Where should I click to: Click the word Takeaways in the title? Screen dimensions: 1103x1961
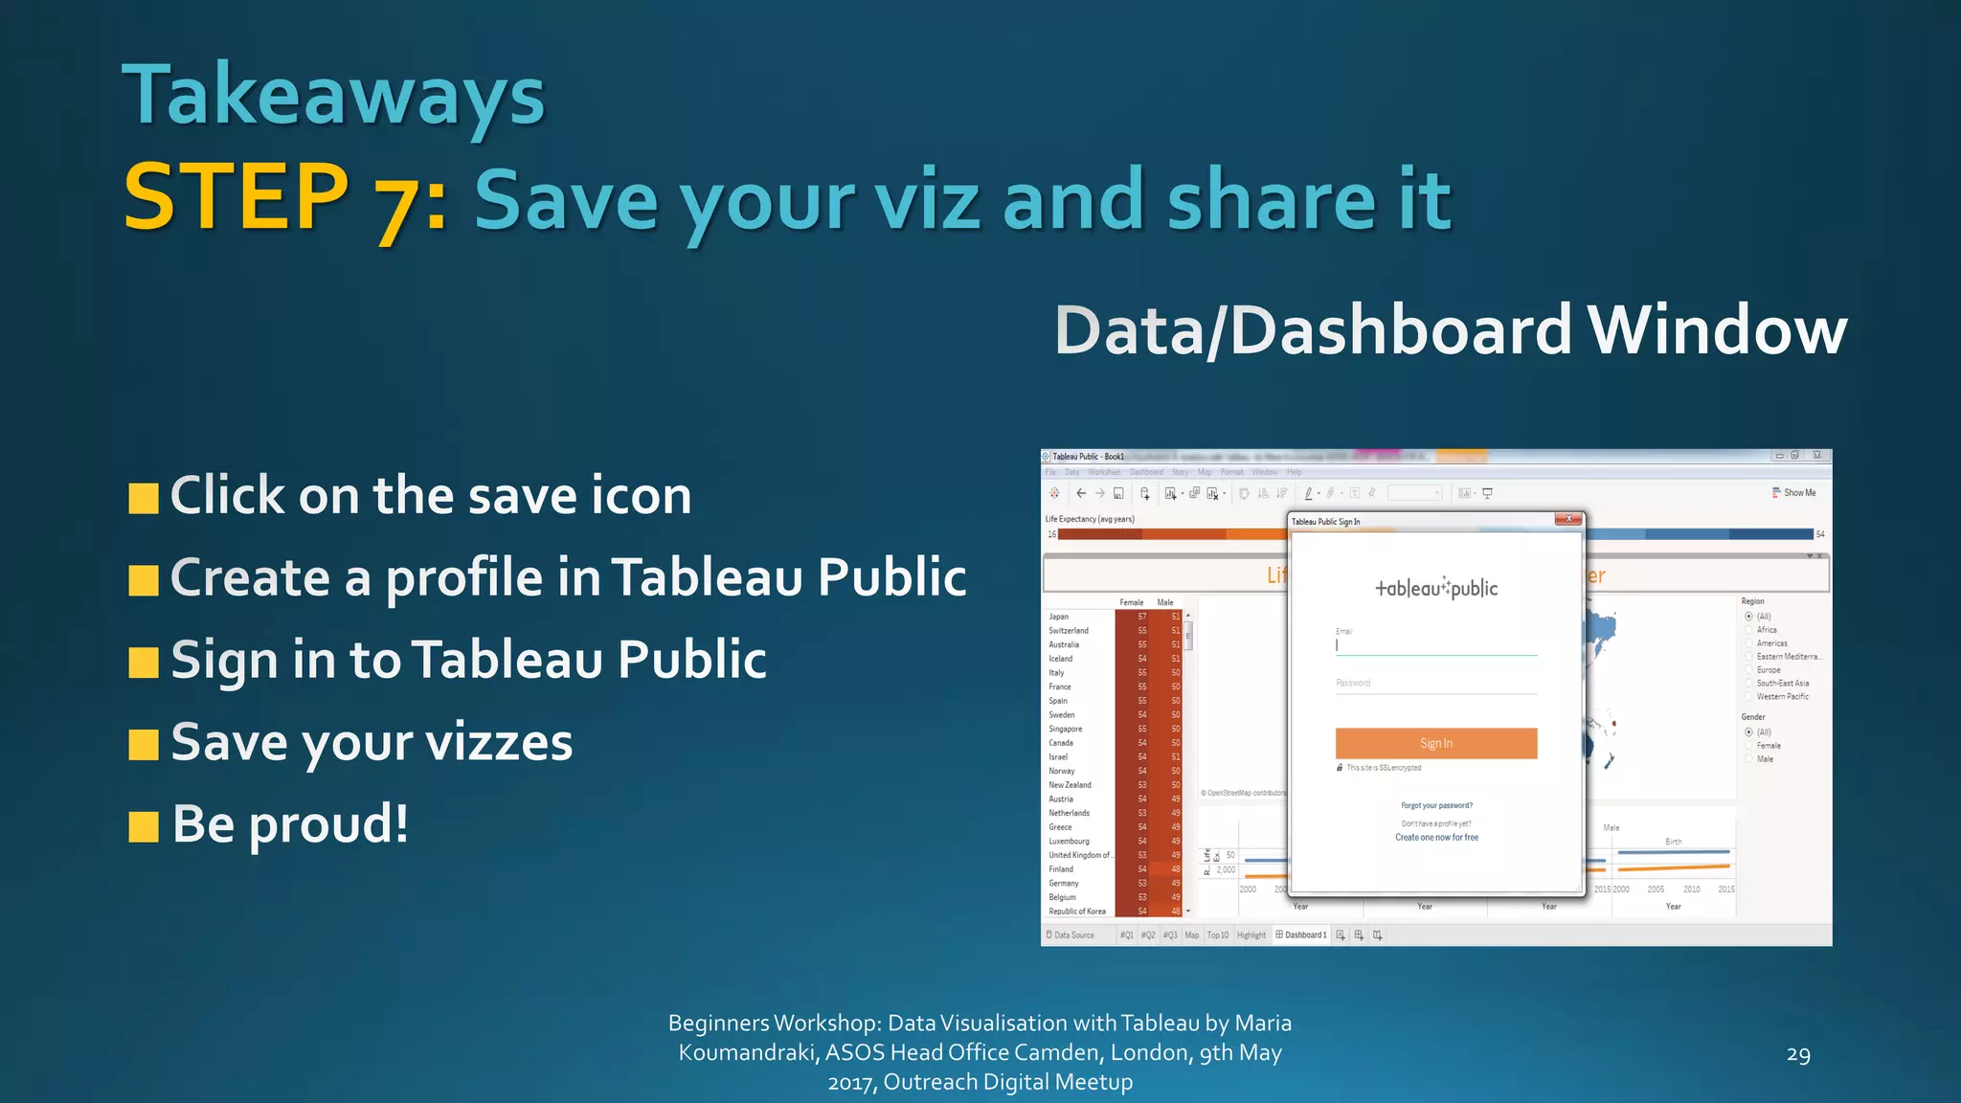tap(333, 96)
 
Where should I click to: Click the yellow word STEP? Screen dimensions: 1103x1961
tap(237, 198)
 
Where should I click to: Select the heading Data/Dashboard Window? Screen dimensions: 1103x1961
tap(1450, 330)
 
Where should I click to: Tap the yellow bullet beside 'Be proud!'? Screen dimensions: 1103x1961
tap(144, 825)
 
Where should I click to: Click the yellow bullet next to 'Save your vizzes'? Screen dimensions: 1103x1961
tap(144, 744)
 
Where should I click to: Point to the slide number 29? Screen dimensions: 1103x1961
tap(1798, 1054)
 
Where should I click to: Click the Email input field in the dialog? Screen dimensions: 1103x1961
tap(1436, 645)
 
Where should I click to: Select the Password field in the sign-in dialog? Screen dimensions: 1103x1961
tap(1436, 684)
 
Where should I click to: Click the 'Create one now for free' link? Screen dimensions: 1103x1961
tap(1436, 838)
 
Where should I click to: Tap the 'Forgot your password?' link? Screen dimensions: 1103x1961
tap(1436, 805)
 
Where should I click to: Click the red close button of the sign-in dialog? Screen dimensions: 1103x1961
tap(1568, 519)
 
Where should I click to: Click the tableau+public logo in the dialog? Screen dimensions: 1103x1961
tap(1436, 588)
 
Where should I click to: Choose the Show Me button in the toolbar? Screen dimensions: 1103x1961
tap(1794, 493)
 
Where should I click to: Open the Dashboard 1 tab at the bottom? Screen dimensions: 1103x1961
tap(1302, 935)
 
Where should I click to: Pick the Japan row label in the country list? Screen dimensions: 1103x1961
tap(1058, 617)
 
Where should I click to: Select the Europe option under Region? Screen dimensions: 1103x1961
tap(1768, 670)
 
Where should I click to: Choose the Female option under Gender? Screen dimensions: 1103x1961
tap(1768, 746)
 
